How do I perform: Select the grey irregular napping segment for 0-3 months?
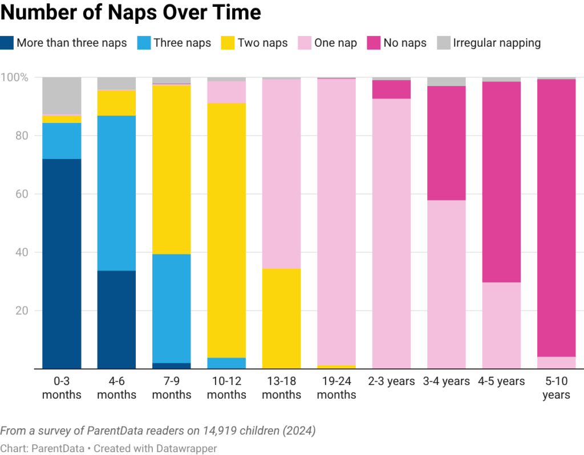coord(62,96)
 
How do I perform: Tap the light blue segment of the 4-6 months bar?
coord(116,193)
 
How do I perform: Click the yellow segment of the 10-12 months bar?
coord(226,230)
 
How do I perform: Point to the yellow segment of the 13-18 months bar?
coord(281,318)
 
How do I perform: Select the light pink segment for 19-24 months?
coord(336,222)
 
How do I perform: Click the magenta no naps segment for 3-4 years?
coord(446,143)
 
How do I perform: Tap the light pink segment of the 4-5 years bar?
coord(501,325)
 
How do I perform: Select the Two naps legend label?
coord(262,43)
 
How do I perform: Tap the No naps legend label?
coord(405,43)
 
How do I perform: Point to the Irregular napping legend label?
coord(496,43)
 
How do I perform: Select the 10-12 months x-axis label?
coord(226,388)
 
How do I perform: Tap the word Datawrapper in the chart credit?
coord(188,449)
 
